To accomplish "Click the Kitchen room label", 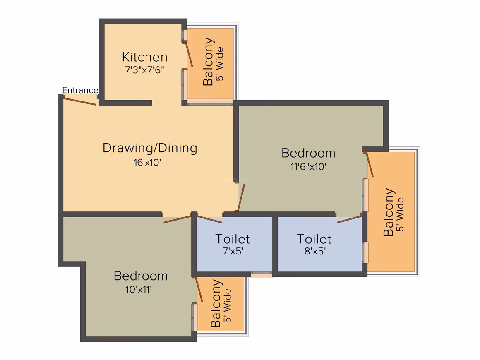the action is pyautogui.click(x=144, y=57).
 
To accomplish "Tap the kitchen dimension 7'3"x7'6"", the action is pyautogui.click(x=144, y=70).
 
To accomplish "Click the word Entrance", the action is pyautogui.click(x=80, y=90).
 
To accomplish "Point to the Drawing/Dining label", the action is pyautogui.click(x=150, y=148).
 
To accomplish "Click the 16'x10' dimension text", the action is pyautogui.click(x=147, y=162).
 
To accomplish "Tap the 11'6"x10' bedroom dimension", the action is pyautogui.click(x=308, y=166).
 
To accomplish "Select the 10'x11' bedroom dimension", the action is pyautogui.click(x=139, y=289).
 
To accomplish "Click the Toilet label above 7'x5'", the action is pyautogui.click(x=233, y=239).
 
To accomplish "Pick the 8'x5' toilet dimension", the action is pyautogui.click(x=315, y=251).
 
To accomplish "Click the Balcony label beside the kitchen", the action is pyautogui.click(x=208, y=62).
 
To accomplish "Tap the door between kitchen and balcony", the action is pyautogui.click(x=189, y=55).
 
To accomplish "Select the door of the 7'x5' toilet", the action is pyautogui.click(x=209, y=219).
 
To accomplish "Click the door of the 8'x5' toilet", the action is pyautogui.click(x=349, y=219).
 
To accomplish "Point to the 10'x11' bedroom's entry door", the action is pyautogui.click(x=177, y=219).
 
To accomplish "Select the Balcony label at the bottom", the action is pyautogui.click(x=216, y=303).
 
